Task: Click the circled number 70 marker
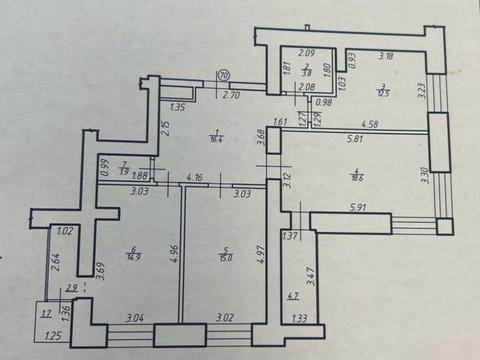[x=224, y=74]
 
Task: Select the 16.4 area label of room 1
[x=215, y=140]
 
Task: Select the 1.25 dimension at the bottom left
[x=54, y=337]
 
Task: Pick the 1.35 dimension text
[x=179, y=107]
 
